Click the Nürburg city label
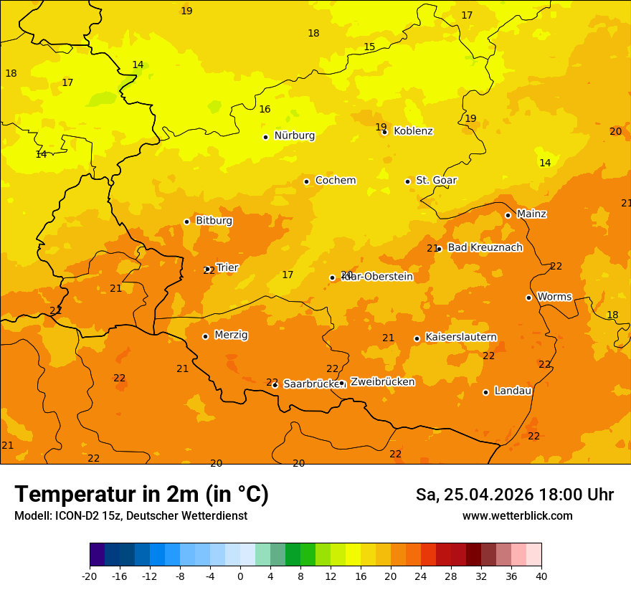294,135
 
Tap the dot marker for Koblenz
384,132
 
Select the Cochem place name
335,181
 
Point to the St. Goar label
436,181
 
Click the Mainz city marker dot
508,215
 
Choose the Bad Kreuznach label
485,248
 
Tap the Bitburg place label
214,221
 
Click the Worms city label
554,297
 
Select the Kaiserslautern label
461,337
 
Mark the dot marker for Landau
485,392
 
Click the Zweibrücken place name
382,382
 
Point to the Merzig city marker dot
205,336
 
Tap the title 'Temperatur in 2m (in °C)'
141,495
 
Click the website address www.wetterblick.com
517,516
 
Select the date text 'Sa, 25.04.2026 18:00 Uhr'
514,495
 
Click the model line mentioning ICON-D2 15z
131,516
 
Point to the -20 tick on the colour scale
90,576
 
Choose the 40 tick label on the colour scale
541,576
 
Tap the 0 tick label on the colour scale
240,576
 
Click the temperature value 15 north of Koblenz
369,47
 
